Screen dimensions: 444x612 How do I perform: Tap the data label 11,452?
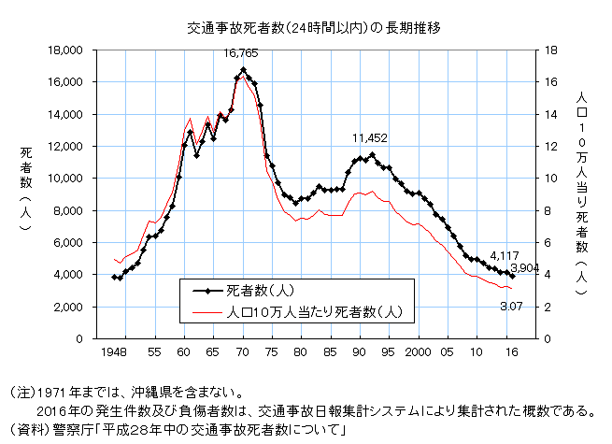(x=370, y=138)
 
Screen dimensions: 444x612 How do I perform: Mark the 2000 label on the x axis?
(x=417, y=352)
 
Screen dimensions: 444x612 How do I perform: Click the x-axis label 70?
(x=243, y=352)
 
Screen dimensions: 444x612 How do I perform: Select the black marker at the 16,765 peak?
(x=243, y=70)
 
